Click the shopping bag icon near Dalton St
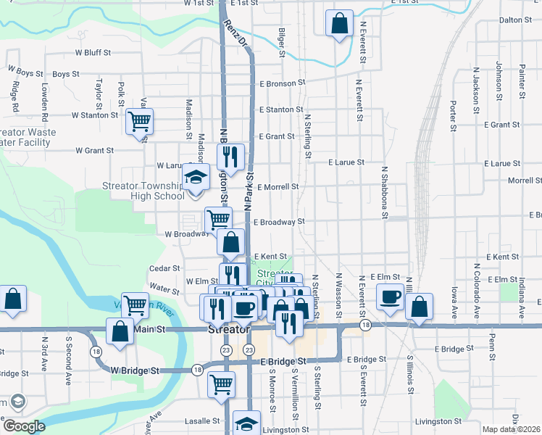coord(339,24)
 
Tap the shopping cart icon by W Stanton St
coord(139,121)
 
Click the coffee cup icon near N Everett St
coord(390,297)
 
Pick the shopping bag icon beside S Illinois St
coord(420,307)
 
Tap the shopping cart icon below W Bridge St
coord(222,384)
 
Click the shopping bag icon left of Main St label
coord(120,331)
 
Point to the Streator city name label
coord(229,329)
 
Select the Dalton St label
coord(516,20)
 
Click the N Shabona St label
coord(385,192)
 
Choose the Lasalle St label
coord(205,421)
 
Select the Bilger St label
coord(281,42)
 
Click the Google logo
coord(24,427)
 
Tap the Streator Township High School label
coord(147,191)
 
